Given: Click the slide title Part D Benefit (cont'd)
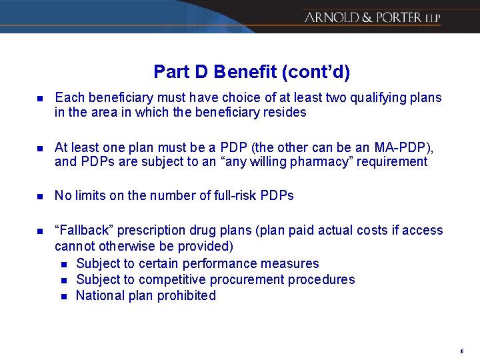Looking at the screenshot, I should (x=251, y=71).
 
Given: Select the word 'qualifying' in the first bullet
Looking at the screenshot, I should (x=356, y=98).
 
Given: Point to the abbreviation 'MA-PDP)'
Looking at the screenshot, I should (x=404, y=147).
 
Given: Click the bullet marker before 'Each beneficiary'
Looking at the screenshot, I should (x=39, y=99).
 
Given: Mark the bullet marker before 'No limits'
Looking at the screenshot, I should (x=39, y=196).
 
